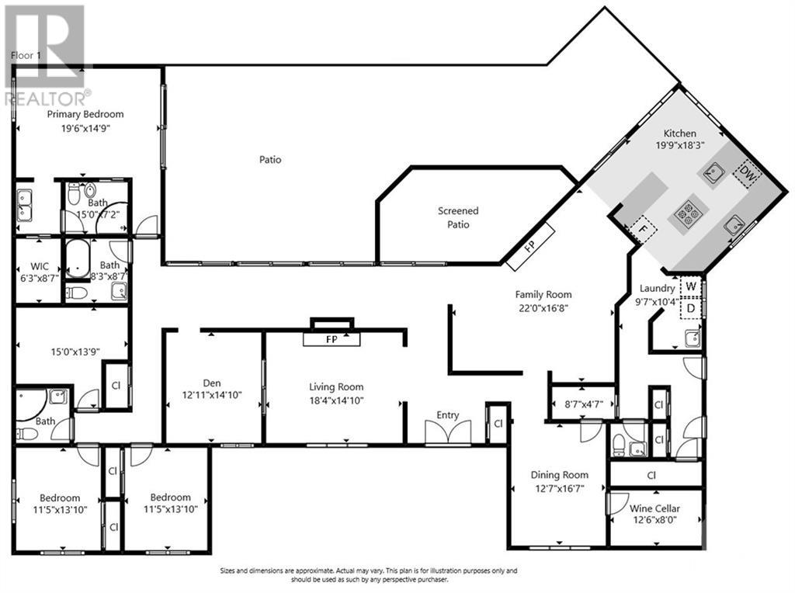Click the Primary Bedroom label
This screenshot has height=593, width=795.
(85, 114)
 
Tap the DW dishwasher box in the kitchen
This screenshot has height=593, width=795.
(747, 175)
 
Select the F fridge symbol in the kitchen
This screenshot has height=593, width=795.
(643, 229)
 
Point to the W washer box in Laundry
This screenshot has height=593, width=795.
(690, 287)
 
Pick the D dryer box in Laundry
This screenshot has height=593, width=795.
(690, 308)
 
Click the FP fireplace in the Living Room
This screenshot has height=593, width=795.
(332, 339)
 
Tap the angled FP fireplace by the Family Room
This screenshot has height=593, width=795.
(530, 246)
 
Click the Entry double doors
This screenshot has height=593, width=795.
(448, 432)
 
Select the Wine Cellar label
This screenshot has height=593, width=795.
(654, 508)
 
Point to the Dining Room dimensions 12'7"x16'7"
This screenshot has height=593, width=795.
(559, 488)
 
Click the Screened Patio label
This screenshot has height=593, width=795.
(458, 217)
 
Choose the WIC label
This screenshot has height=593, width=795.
(40, 266)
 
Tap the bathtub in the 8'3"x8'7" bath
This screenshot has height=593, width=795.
(78, 258)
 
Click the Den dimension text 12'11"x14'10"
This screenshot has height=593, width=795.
(212, 395)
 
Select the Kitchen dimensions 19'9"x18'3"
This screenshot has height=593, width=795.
(680, 145)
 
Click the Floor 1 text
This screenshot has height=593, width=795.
(26, 55)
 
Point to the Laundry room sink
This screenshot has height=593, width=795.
(692, 338)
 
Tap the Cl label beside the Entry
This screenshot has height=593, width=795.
(498, 423)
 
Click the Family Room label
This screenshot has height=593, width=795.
(543, 294)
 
